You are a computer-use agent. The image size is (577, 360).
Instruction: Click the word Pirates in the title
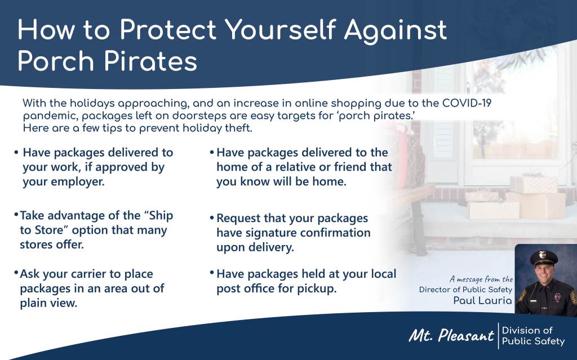tap(151, 61)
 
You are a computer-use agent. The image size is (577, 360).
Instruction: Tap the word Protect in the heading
tap(168, 29)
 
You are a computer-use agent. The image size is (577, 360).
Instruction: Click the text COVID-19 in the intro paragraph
tap(467, 103)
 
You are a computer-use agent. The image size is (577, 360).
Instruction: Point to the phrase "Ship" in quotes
tap(158, 216)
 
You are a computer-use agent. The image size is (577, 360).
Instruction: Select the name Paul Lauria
tap(482, 301)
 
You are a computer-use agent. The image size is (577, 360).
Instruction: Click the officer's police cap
tap(544, 256)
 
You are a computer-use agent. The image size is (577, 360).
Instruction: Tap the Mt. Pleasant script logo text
tap(451, 335)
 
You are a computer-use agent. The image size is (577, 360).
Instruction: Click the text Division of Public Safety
tap(533, 336)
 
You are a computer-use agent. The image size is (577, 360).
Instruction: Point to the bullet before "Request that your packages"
tap(212, 218)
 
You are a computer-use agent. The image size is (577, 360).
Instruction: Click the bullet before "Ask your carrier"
tap(16, 273)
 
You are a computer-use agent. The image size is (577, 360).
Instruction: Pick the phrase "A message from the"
tap(481, 279)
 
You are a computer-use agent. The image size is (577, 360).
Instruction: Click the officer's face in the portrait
tap(544, 273)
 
